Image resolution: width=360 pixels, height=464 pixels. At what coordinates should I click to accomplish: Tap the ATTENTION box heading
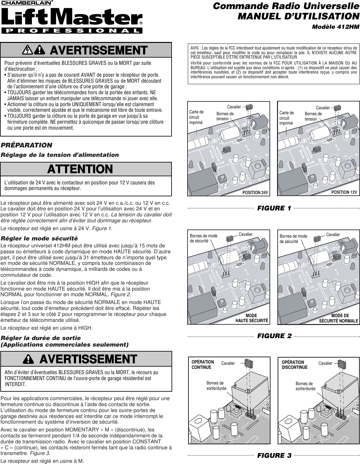point(80,169)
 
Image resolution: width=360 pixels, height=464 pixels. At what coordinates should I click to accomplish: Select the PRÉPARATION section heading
point(26,145)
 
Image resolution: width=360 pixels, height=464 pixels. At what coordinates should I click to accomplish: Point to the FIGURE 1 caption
point(274,208)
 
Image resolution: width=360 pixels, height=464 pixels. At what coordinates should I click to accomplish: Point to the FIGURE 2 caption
point(274,336)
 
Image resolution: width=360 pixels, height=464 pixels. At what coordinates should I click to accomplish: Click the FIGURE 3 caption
point(274,455)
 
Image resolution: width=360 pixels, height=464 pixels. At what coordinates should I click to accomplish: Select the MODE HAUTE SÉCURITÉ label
point(252,318)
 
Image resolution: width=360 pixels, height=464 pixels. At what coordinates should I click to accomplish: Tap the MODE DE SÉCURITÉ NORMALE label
point(339,318)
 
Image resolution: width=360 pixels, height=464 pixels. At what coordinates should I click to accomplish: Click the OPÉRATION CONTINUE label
point(203,364)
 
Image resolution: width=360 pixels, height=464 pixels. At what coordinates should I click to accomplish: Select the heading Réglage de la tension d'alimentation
point(60,155)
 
